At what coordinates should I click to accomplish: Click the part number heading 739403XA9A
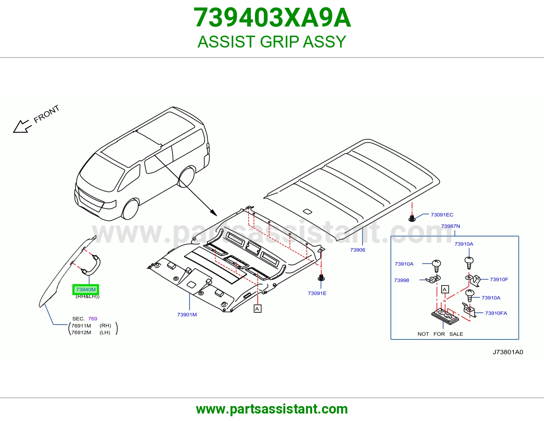(272, 18)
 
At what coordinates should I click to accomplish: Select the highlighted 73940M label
(86, 290)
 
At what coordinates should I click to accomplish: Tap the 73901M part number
(187, 314)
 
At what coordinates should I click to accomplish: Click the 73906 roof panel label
(357, 250)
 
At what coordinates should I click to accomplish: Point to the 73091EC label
(442, 215)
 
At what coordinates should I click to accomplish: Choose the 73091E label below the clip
(317, 293)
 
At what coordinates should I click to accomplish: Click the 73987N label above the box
(451, 226)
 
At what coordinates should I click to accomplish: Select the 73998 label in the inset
(402, 280)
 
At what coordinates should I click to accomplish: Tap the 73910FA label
(496, 313)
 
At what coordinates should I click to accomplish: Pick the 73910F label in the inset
(499, 279)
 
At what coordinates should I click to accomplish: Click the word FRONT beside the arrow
(46, 114)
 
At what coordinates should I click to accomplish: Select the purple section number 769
(92, 319)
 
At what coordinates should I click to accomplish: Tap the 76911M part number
(81, 326)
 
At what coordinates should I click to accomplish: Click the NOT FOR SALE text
(440, 334)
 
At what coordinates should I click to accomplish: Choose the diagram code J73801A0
(508, 352)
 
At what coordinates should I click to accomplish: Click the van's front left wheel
(130, 209)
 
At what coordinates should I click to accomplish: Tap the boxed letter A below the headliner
(257, 309)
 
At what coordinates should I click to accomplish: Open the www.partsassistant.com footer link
(272, 409)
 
